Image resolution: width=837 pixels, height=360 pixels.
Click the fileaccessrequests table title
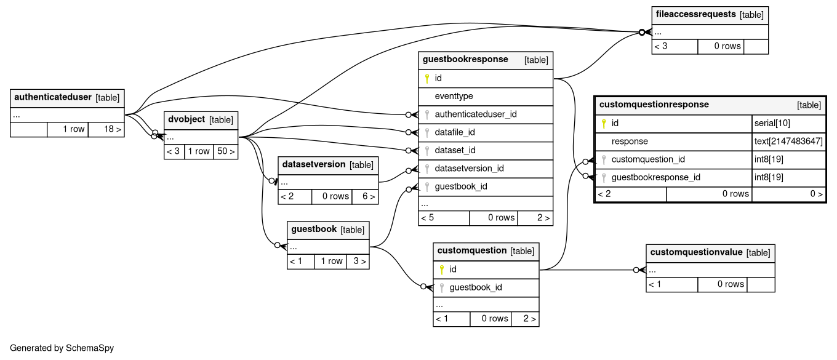(x=695, y=15)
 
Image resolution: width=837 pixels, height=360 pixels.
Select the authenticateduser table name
(x=52, y=97)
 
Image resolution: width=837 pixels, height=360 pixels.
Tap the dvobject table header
(x=185, y=119)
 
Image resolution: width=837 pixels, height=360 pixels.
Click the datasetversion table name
(x=313, y=164)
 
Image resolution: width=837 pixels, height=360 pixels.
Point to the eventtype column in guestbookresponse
(x=454, y=97)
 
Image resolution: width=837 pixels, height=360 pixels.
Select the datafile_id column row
(x=454, y=132)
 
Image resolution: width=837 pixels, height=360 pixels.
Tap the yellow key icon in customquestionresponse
(x=604, y=124)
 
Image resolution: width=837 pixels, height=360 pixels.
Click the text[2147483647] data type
(x=788, y=142)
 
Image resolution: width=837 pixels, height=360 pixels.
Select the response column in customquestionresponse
(x=629, y=142)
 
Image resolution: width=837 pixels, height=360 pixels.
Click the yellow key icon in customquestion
(x=441, y=270)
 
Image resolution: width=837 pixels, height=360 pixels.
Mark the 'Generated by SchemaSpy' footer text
(x=62, y=348)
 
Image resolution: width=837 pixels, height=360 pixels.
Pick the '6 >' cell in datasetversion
(x=364, y=196)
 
